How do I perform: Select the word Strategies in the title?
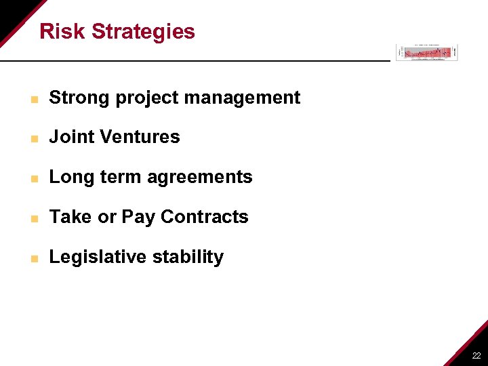click(x=143, y=32)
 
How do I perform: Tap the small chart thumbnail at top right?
click(x=427, y=52)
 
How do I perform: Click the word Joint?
click(x=70, y=137)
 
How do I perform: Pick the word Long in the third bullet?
click(x=70, y=178)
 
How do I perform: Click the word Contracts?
click(x=205, y=217)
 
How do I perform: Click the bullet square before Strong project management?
click(x=34, y=99)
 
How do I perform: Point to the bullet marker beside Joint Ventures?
click(x=34, y=138)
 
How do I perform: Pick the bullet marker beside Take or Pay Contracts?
click(x=34, y=218)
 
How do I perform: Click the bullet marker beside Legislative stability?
click(x=34, y=258)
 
